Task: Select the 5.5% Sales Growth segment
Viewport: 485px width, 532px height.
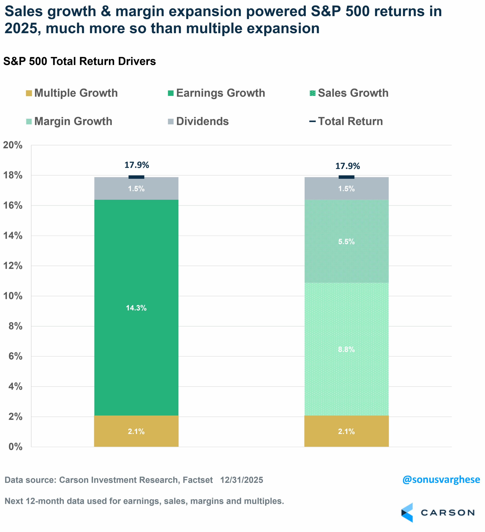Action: click(x=346, y=241)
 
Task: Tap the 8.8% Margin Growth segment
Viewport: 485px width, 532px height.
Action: click(x=346, y=349)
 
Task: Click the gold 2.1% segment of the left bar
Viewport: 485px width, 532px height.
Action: click(x=136, y=431)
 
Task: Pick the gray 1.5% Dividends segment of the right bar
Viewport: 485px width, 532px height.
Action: click(x=346, y=188)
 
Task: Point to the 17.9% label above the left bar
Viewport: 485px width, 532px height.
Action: click(x=137, y=165)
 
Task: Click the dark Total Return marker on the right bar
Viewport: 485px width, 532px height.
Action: click(x=346, y=177)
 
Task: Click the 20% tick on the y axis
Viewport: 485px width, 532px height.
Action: click(x=13, y=145)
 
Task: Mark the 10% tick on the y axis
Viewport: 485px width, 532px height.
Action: click(x=13, y=296)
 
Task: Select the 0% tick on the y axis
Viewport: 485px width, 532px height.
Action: click(x=15, y=447)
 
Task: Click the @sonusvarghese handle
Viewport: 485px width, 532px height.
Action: click(x=441, y=479)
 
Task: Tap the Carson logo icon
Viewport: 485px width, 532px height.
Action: click(x=407, y=513)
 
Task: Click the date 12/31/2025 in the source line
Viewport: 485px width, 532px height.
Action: click(x=242, y=480)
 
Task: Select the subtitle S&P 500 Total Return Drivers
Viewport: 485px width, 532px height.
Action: click(x=79, y=61)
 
